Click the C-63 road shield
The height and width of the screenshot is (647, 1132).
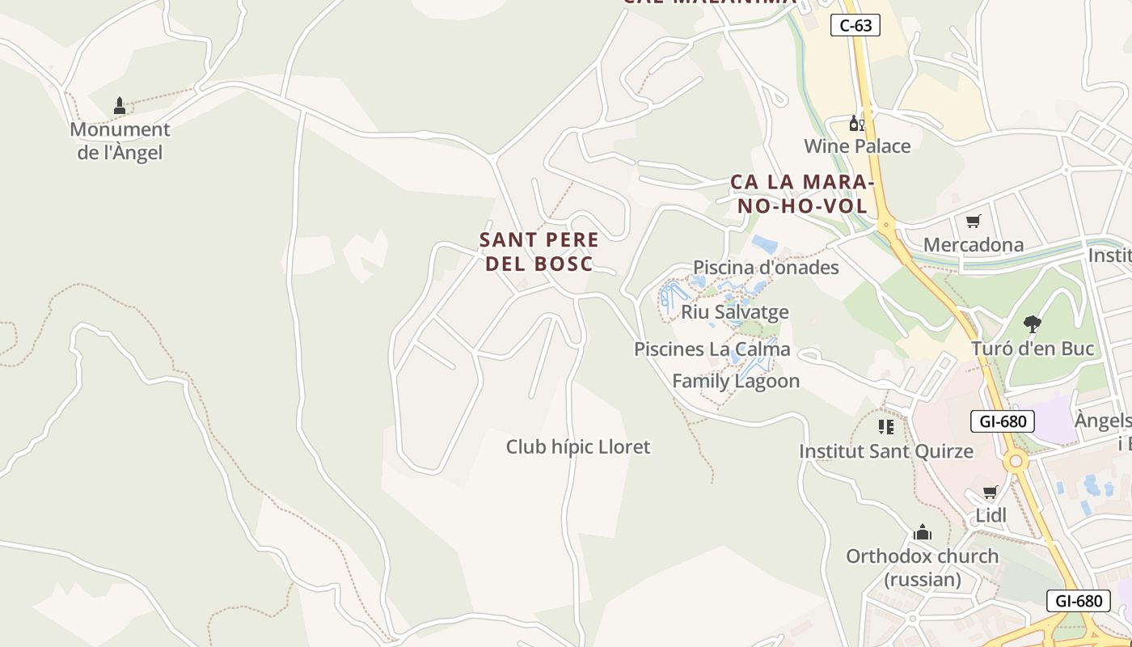tap(855, 25)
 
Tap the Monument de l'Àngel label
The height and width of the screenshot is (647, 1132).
tap(120, 141)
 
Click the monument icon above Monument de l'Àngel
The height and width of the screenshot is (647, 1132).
tap(120, 105)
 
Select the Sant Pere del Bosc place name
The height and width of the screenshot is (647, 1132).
tap(539, 252)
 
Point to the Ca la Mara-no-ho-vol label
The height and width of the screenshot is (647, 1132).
tap(802, 194)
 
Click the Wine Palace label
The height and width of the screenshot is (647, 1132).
tap(857, 146)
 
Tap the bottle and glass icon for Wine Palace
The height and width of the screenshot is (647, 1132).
tap(856, 124)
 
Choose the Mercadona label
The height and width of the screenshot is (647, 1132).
tap(973, 244)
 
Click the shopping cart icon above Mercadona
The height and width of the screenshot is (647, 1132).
tap(974, 221)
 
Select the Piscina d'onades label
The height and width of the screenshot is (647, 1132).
tap(766, 267)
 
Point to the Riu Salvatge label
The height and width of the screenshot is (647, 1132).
tap(734, 311)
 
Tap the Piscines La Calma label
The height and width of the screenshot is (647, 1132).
tap(712, 349)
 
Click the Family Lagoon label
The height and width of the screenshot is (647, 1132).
tap(736, 381)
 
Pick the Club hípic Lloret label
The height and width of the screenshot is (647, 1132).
tap(578, 446)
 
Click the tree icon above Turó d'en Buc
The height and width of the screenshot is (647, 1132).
tap(1032, 324)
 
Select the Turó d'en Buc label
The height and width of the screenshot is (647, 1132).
tap(1032, 349)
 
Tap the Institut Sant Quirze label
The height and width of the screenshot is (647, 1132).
tap(886, 451)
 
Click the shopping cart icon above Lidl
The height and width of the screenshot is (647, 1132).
tap(990, 492)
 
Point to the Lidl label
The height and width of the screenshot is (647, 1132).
tap(990, 515)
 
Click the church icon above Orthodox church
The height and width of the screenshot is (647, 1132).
tap(923, 532)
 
